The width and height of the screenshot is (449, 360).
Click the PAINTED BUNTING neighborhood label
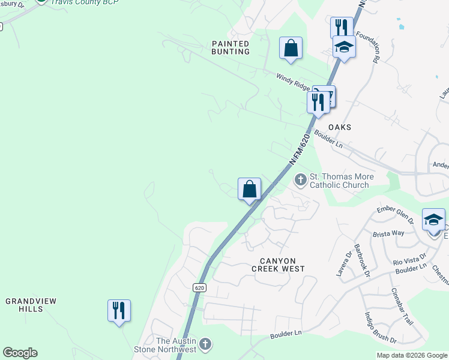click(x=231, y=47)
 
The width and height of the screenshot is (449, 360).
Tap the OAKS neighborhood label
click(x=340, y=127)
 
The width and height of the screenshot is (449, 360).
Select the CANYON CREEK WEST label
click(x=282, y=265)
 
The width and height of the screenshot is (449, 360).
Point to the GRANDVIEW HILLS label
click(x=25, y=304)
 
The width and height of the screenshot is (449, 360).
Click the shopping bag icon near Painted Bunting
click(x=291, y=49)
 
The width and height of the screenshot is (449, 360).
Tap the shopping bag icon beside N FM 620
click(x=249, y=190)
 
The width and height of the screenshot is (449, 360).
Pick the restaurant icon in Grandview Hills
click(x=119, y=311)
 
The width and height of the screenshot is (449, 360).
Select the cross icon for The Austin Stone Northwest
click(x=205, y=345)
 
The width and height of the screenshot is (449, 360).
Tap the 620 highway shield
click(x=200, y=288)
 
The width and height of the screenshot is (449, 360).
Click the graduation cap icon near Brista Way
click(x=433, y=220)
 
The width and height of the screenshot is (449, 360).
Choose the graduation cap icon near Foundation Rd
click(x=344, y=46)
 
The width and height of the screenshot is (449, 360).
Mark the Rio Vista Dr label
click(x=410, y=260)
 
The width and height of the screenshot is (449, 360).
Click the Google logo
click(x=20, y=353)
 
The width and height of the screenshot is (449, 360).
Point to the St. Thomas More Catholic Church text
click(x=341, y=181)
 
